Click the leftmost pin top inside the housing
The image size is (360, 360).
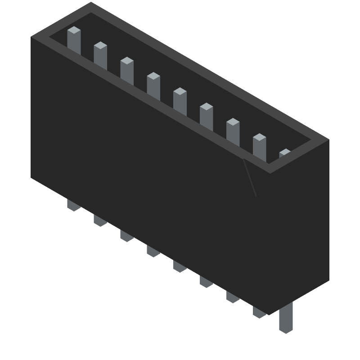click(x=74, y=40)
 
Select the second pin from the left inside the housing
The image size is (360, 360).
click(x=100, y=55)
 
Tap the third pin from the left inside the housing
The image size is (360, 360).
click(x=127, y=70)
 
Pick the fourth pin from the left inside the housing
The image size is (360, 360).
click(x=153, y=85)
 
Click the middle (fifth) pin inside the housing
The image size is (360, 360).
click(x=180, y=101)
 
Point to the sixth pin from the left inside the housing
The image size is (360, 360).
click(x=207, y=116)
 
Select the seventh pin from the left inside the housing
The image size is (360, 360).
click(x=233, y=131)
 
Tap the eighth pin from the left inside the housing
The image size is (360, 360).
click(x=259, y=147)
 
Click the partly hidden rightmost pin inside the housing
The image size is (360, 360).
click(x=285, y=153)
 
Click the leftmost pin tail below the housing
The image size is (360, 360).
click(x=74, y=205)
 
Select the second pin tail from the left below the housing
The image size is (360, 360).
click(x=100, y=220)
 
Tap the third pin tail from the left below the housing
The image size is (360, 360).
click(x=127, y=236)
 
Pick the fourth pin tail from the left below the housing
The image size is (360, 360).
click(x=153, y=251)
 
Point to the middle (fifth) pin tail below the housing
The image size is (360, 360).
click(x=180, y=266)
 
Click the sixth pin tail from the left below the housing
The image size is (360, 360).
click(x=207, y=282)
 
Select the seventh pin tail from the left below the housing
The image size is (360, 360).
click(x=233, y=297)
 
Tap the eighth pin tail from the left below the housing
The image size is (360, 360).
click(x=259, y=312)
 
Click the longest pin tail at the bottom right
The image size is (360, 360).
click(x=286, y=319)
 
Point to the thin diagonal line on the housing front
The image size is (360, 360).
click(x=250, y=178)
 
